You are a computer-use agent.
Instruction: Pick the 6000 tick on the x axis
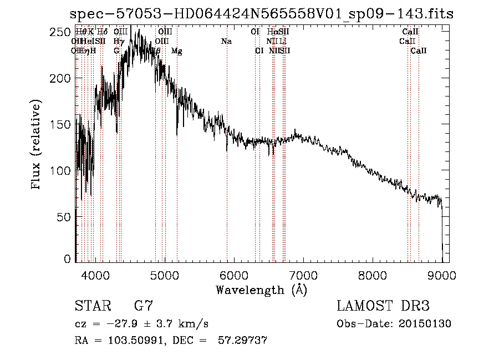click(x=234, y=274)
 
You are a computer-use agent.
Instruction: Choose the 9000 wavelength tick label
click(x=442, y=274)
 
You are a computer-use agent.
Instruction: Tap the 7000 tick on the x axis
click(x=303, y=274)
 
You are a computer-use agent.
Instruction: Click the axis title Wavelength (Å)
click(x=261, y=290)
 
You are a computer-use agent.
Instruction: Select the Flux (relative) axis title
click(x=37, y=145)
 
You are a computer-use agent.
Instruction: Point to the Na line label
click(x=226, y=42)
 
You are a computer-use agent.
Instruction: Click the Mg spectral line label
click(x=177, y=51)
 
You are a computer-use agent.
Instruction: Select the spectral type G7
click(x=144, y=306)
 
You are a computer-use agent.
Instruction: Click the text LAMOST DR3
click(x=383, y=306)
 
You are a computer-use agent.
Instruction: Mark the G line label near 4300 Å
click(x=116, y=51)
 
